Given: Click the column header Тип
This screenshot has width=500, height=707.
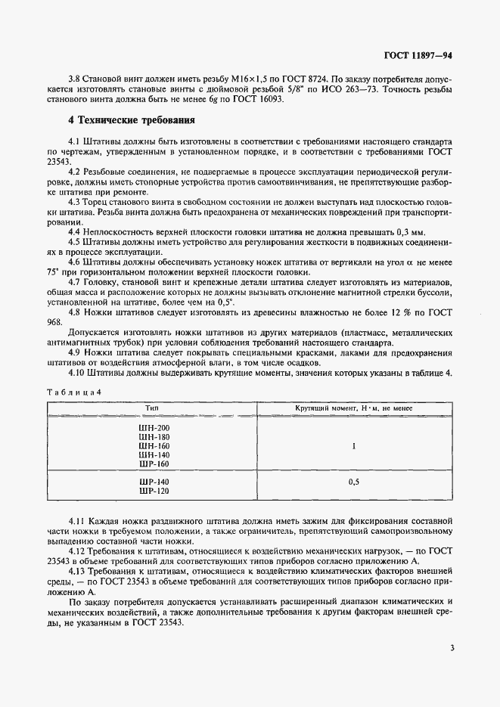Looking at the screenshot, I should coord(152,408).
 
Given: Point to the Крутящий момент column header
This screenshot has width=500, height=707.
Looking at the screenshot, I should coord(352,408).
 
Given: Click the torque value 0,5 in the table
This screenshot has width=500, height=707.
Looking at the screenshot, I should coord(352,482).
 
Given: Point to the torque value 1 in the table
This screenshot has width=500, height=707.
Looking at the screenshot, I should coord(353,446).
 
